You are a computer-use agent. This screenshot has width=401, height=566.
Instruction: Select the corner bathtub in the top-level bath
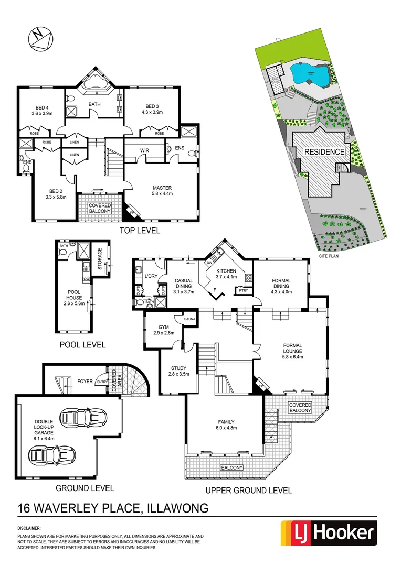(94, 83)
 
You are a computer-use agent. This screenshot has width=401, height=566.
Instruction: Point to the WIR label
(145, 150)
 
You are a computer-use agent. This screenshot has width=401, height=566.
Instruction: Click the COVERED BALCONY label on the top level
(99, 208)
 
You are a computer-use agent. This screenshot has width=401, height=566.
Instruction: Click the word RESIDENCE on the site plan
(324, 152)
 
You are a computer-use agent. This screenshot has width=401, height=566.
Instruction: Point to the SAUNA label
(189, 319)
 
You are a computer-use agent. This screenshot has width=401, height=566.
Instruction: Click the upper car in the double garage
(85, 418)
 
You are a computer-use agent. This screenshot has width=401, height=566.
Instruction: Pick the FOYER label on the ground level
(84, 382)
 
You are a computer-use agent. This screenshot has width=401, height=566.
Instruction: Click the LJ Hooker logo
(329, 534)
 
